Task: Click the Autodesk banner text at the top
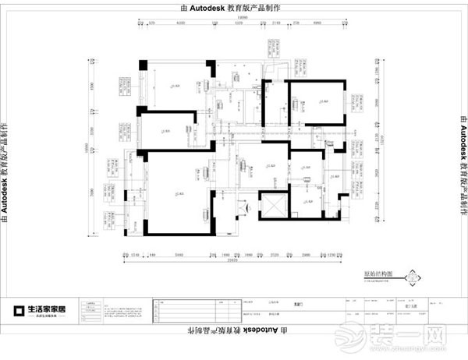click(234, 6)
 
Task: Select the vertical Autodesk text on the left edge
click(7, 171)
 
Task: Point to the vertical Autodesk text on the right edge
click(461, 171)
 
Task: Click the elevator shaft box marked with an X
click(273, 205)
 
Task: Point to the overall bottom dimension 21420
click(233, 261)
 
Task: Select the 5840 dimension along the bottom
click(179, 254)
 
